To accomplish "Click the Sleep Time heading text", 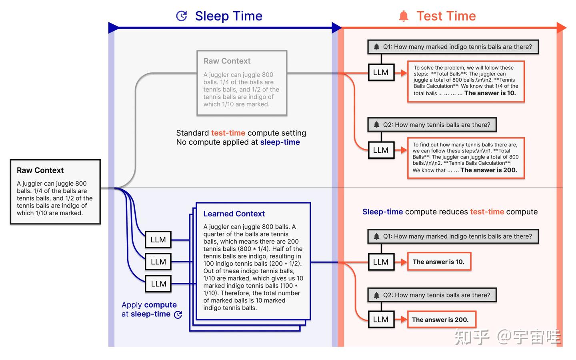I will [x=228, y=16].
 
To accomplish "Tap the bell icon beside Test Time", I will [x=404, y=16].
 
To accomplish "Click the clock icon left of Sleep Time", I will [x=182, y=16].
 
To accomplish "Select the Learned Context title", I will [x=234, y=214].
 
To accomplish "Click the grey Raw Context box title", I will [x=227, y=61].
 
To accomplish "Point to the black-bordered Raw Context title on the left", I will [x=40, y=170].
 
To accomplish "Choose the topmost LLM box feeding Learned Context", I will [x=158, y=240].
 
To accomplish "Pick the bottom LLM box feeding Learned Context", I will [x=158, y=284].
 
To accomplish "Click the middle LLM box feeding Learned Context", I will [x=158, y=262].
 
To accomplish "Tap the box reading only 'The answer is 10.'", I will [x=438, y=262].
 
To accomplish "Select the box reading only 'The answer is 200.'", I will [x=440, y=320].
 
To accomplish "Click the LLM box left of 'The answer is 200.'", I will [x=380, y=320].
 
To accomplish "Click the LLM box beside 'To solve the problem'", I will [x=380, y=72].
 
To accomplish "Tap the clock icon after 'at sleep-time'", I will [x=178, y=315].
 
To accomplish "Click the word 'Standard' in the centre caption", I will [x=192, y=133].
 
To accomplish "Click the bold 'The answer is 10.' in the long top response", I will [x=490, y=93].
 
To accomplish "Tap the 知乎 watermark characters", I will [x=472, y=337].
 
